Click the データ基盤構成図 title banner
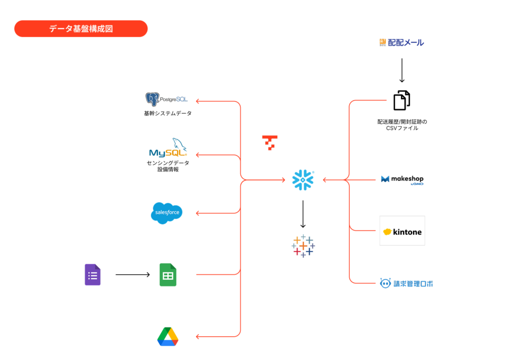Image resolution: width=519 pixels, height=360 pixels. pyautogui.click(x=81, y=29)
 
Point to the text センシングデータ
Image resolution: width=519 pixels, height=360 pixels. pyautogui.click(x=168, y=163)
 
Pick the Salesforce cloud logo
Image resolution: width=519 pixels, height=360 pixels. pyautogui.click(x=166, y=213)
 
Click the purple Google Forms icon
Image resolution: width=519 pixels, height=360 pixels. pyautogui.click(x=92, y=275)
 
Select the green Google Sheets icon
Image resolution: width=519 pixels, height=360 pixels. pyautogui.click(x=168, y=275)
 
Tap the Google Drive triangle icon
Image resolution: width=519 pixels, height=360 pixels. pyautogui.click(x=168, y=337)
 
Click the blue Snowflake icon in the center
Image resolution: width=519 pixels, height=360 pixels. pyautogui.click(x=303, y=180)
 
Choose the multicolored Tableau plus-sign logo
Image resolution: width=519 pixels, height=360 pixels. pyautogui.click(x=303, y=246)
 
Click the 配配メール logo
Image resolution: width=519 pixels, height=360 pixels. pyautogui.click(x=401, y=43)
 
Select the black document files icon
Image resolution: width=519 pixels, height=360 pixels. pyautogui.click(x=401, y=100)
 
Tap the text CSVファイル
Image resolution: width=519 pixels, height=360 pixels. pyautogui.click(x=402, y=128)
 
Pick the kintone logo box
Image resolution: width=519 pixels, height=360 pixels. pyautogui.click(x=402, y=231)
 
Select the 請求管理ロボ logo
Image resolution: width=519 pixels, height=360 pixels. pyautogui.click(x=406, y=283)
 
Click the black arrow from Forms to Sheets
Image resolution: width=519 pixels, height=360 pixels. pyautogui.click(x=132, y=275)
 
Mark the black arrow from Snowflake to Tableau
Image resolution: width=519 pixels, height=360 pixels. pyautogui.click(x=303, y=214)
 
